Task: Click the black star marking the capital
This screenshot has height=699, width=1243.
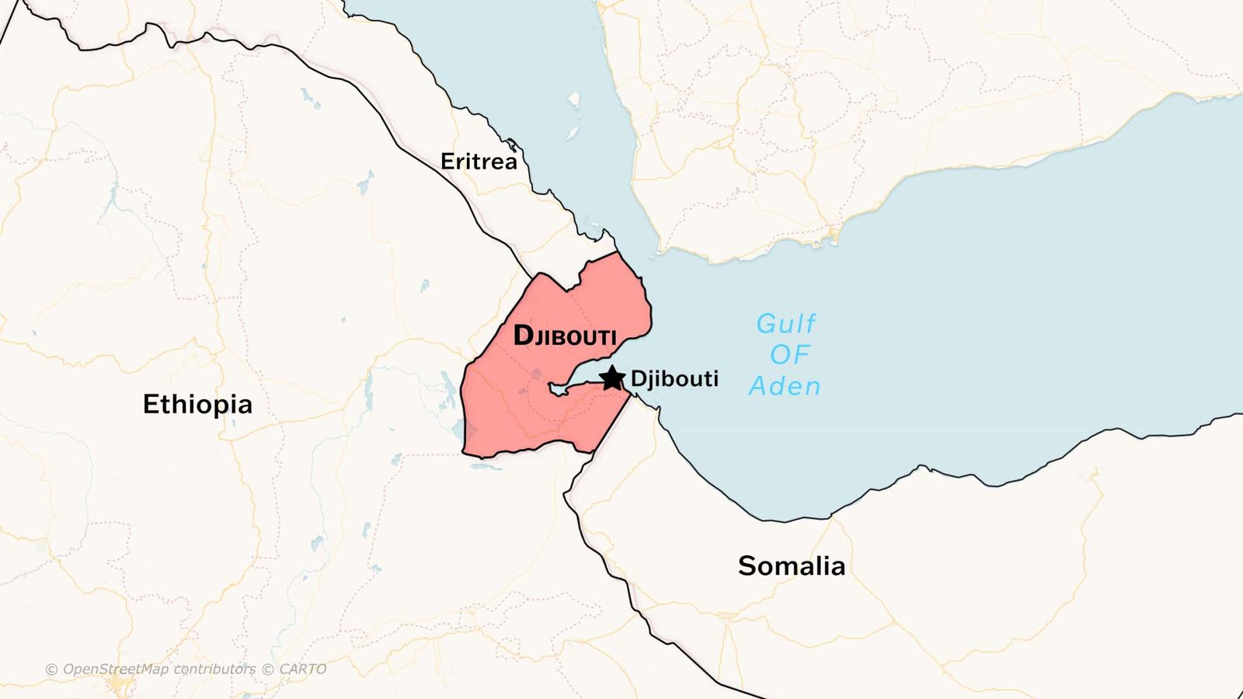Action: tap(612, 378)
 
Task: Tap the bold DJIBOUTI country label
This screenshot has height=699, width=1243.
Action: tap(565, 336)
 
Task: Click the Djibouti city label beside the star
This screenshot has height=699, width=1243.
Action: tap(674, 379)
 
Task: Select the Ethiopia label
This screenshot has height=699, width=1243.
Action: tap(197, 405)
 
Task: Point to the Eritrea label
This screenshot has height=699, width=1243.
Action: tap(479, 162)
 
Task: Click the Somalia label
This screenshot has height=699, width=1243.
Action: tap(791, 566)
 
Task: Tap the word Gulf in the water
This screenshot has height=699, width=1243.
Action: tap(785, 324)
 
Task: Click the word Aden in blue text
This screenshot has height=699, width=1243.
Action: tap(785, 386)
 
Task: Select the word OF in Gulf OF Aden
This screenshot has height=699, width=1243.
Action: tap(789, 355)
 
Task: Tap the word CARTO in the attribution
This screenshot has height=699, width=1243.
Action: tap(302, 669)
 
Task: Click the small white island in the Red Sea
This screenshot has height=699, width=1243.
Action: tap(574, 99)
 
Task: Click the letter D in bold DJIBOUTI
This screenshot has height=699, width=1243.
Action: tap(524, 336)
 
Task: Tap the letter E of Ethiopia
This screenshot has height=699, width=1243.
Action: tap(151, 405)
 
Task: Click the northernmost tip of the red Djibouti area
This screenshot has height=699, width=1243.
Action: tap(618, 253)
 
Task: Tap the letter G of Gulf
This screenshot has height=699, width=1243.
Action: tap(767, 324)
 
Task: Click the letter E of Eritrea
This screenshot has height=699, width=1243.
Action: tap(447, 162)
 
